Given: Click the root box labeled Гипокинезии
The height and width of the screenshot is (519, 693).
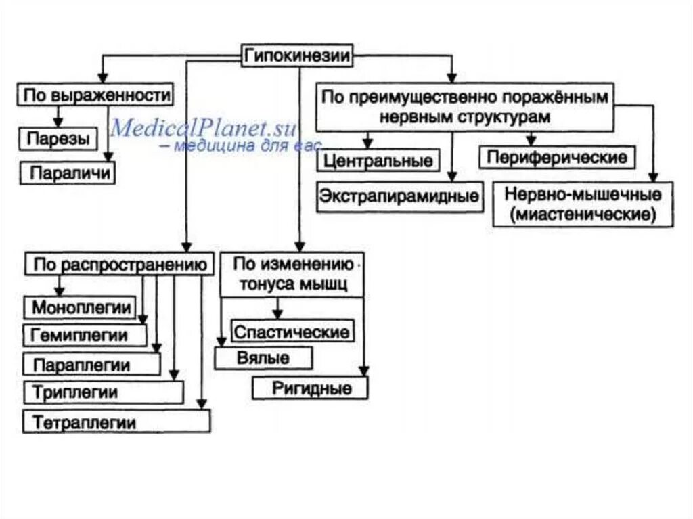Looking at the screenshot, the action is (298, 57).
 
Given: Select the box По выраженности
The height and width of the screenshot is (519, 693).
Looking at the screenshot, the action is (95, 95).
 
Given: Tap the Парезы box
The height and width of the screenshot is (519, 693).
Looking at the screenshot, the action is (58, 139).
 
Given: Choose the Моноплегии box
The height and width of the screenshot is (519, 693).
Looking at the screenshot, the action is (81, 308).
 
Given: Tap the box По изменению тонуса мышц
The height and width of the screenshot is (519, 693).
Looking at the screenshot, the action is (292, 275).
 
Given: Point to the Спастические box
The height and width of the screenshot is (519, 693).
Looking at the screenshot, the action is (292, 332).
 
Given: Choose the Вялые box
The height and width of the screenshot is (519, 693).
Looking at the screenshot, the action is (263, 358).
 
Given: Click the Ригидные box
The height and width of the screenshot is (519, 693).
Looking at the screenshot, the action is (311, 388).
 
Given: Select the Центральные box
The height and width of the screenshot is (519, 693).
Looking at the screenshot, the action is (378, 161).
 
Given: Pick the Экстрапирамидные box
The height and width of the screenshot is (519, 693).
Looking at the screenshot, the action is (400, 196).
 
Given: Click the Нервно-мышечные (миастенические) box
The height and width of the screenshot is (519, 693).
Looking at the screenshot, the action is (583, 204).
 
